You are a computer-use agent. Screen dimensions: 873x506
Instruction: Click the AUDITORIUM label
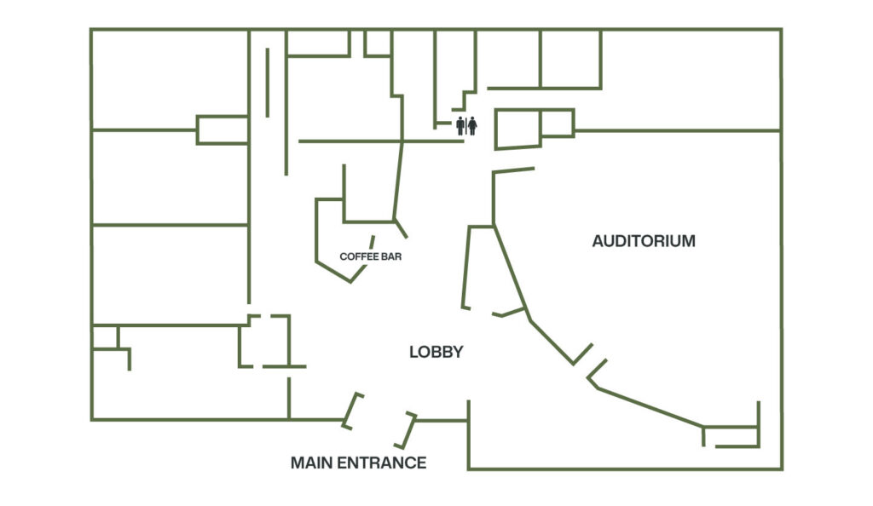(644, 241)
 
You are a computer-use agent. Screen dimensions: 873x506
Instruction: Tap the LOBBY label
(436, 352)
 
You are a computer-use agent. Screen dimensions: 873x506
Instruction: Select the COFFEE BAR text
(370, 256)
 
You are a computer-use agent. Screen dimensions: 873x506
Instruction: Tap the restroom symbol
(466, 126)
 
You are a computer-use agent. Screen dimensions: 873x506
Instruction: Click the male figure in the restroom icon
(460, 126)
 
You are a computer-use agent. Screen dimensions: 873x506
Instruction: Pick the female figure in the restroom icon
(472, 126)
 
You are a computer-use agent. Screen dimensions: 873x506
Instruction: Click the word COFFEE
(356, 256)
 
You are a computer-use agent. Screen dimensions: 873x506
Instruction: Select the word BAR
(392, 256)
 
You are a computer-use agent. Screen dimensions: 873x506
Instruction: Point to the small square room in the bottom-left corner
(105, 337)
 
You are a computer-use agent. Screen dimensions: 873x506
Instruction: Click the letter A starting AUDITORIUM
(598, 241)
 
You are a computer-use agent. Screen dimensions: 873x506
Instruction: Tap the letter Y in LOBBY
(458, 352)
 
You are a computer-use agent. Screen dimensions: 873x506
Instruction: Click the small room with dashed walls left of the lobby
(265, 342)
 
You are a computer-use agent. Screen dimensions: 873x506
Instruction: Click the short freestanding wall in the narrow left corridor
(268, 83)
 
